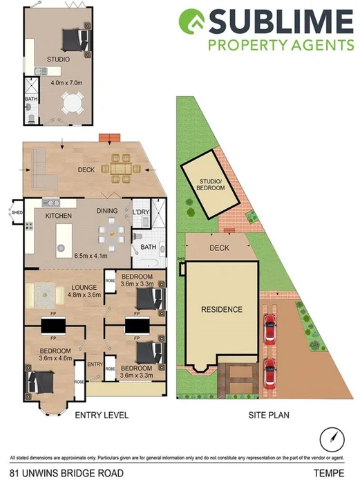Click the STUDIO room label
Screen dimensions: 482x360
[x=58, y=59]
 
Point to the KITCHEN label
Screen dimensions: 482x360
[x=59, y=216]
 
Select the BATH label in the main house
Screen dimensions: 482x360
[x=148, y=246]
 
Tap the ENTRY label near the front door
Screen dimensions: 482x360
[x=95, y=364]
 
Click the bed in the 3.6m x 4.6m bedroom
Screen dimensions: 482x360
[x=40, y=380]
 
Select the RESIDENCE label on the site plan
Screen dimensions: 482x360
[x=222, y=309]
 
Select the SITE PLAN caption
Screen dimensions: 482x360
[x=268, y=416]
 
